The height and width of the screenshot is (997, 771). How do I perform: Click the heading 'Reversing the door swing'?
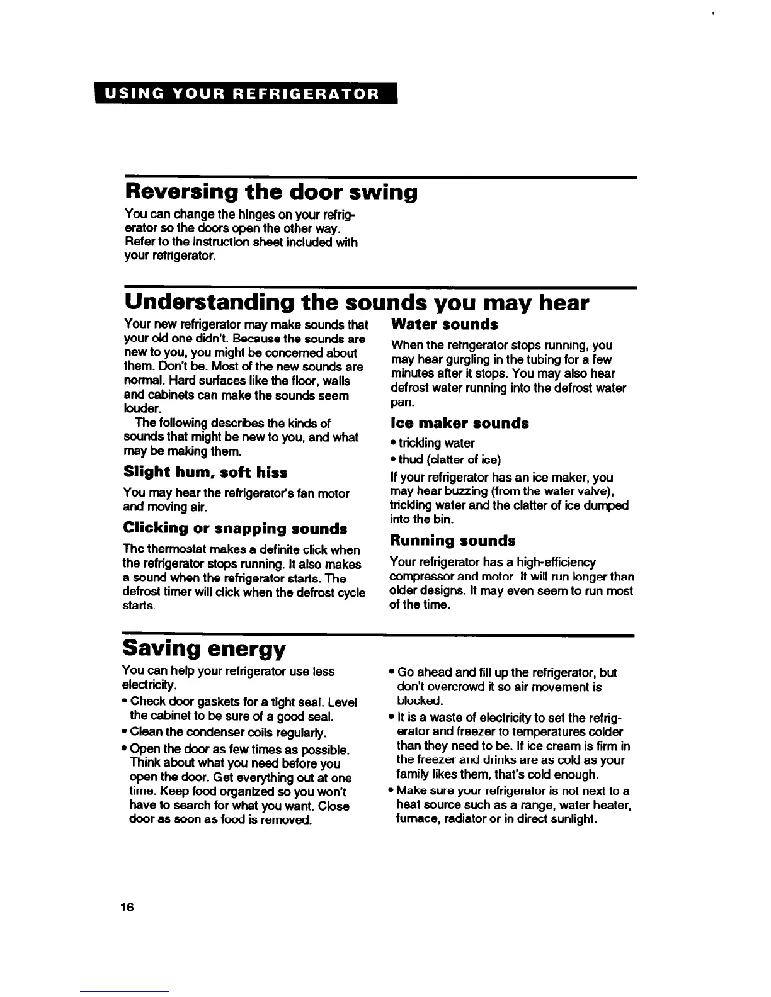[271, 191]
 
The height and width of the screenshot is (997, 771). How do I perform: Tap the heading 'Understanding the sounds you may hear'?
[357, 303]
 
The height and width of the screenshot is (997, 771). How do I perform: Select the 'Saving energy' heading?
[204, 648]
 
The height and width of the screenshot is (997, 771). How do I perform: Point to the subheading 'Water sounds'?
[444, 324]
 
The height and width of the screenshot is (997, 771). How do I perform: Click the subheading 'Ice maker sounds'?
[459, 423]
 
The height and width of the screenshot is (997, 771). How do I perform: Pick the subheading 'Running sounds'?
[452, 541]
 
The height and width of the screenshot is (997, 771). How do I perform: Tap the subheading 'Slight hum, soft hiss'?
[205, 472]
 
